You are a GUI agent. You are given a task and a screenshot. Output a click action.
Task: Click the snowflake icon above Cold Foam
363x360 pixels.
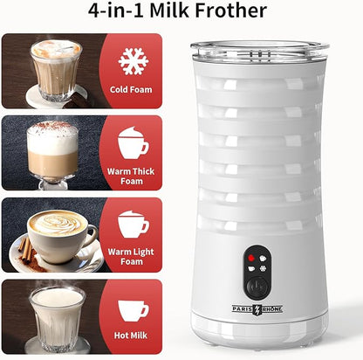coord(133,60)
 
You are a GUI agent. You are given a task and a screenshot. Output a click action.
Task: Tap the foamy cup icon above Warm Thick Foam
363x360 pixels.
coord(133,142)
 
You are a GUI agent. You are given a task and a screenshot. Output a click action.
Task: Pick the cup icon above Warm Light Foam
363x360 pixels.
coord(133,224)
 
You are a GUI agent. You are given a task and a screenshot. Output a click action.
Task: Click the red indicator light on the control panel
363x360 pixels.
coord(251,259)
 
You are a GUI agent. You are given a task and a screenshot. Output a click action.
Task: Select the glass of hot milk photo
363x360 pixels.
coord(57,316)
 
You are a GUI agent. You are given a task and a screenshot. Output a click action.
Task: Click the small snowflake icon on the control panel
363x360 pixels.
coord(264,267)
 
